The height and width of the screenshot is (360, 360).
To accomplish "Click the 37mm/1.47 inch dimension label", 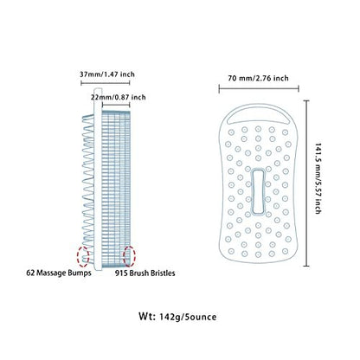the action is coord(107,74).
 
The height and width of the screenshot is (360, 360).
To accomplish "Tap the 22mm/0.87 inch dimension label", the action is coord(119,97).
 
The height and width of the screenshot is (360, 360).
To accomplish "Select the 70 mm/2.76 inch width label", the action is coord(258,78).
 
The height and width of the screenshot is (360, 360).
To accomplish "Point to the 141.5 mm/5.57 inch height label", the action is coord(318,178).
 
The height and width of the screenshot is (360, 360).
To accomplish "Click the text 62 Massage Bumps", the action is coord(59,273).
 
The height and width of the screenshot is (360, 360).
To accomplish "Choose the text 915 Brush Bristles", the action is coord(145,273).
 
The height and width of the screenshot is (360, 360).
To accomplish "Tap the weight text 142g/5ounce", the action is coord(188,317).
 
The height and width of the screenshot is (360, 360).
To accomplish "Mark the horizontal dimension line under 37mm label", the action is coord(106,83).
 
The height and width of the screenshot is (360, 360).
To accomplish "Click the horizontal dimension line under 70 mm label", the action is coord(259,89).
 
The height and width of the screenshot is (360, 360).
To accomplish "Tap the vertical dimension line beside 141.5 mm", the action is coord(306,183).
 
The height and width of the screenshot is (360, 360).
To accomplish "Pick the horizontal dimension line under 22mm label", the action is coord(117,106).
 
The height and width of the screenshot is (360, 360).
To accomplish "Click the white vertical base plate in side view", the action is coord(98,179).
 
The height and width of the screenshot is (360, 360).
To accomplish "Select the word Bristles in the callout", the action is coord(162,273).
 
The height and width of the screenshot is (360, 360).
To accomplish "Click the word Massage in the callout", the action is coord(51,273).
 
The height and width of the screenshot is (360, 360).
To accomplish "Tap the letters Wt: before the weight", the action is coord(147,316).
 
